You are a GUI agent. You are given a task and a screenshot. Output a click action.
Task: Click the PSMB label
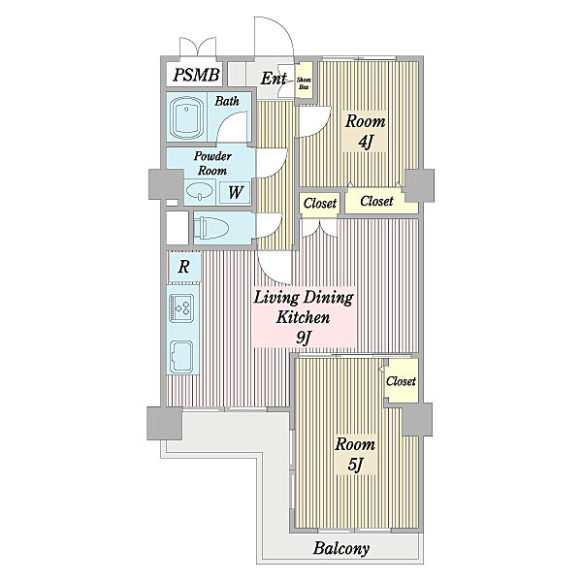pyautogui.click(x=196, y=75)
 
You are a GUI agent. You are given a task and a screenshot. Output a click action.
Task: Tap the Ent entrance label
pyautogui.click(x=274, y=79)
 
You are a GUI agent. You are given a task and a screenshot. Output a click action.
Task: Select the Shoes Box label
pyautogui.click(x=304, y=83)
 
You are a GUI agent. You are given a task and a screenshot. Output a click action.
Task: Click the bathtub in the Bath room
pyautogui.click(x=186, y=117)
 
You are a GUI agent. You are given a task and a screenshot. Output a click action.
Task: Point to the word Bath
pyautogui.click(x=227, y=101)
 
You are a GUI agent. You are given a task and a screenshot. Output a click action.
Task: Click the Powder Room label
pyautogui.click(x=212, y=163)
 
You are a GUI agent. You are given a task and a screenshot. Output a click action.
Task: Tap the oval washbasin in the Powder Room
pyautogui.click(x=200, y=192)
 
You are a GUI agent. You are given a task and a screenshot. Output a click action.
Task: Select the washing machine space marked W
pyautogui.click(x=235, y=192)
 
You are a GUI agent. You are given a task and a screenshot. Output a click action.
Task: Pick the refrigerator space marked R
pyautogui.click(x=184, y=267)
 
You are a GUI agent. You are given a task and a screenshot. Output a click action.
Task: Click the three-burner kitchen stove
pyautogui.click(x=182, y=307)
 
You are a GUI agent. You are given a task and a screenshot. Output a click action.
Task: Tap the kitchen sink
pyautogui.click(x=181, y=356)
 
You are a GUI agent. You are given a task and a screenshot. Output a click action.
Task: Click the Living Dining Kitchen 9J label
pyautogui.click(x=304, y=317)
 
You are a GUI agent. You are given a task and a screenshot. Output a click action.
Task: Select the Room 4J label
pyautogui.click(x=366, y=131)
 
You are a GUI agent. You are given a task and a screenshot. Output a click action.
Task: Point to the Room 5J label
pyautogui.click(x=355, y=454)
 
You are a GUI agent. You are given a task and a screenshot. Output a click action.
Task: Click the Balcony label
pyautogui.click(x=341, y=548)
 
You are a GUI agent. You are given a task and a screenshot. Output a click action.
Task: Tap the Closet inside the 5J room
pyautogui.click(x=401, y=381)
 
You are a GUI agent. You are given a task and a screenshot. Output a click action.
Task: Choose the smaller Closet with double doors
pyautogui.click(x=319, y=203)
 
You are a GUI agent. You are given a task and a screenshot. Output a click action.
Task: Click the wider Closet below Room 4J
pyautogui.click(x=376, y=201)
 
